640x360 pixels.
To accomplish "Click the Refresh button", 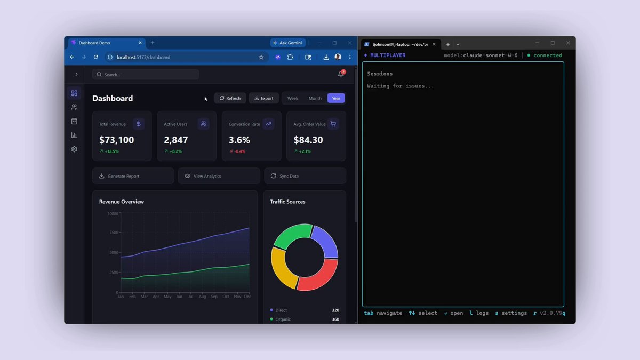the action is [230, 98].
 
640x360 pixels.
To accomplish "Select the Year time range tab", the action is [335, 98].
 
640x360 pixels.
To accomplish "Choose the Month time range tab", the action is [315, 98].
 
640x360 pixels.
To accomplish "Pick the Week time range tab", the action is [293, 98].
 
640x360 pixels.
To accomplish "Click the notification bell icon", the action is [341, 74].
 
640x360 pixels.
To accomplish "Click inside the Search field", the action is [146, 75].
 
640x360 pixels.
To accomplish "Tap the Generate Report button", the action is [133, 176].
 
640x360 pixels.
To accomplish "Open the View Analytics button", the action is [219, 176].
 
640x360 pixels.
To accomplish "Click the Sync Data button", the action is [305, 176].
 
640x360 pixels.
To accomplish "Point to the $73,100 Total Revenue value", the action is [117, 140].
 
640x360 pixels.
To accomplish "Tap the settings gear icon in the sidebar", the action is [74, 149].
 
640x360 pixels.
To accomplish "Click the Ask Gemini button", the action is [287, 43].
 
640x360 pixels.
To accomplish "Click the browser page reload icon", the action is [95, 57].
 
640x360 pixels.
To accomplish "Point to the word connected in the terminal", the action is [548, 55].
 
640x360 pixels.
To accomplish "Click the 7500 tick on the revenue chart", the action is [114, 233].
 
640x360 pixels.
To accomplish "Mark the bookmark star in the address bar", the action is [261, 57].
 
